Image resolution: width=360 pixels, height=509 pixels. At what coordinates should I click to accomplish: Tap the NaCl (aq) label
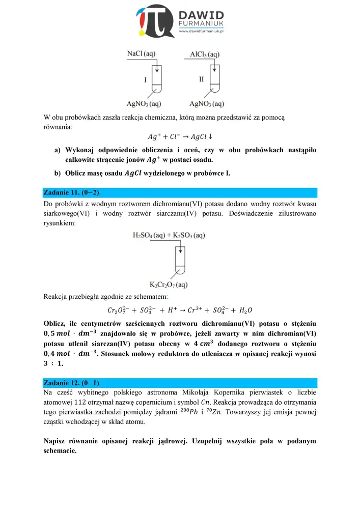pos(142,53)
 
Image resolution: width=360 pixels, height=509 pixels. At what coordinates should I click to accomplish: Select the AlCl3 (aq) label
pos(205,53)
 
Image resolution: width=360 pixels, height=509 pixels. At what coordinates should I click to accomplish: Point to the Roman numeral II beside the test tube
pos(202,79)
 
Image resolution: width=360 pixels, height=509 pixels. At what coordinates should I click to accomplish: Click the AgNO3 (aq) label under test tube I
pos(142,104)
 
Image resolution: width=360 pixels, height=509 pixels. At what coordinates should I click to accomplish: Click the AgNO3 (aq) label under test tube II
pos(207,104)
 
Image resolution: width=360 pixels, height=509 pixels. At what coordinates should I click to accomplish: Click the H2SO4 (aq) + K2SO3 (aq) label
pos(169,235)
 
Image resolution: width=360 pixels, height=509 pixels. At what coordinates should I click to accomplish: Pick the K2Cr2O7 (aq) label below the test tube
pos(169,284)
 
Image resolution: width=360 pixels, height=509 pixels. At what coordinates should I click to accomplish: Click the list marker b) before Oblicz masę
pos(58,173)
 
